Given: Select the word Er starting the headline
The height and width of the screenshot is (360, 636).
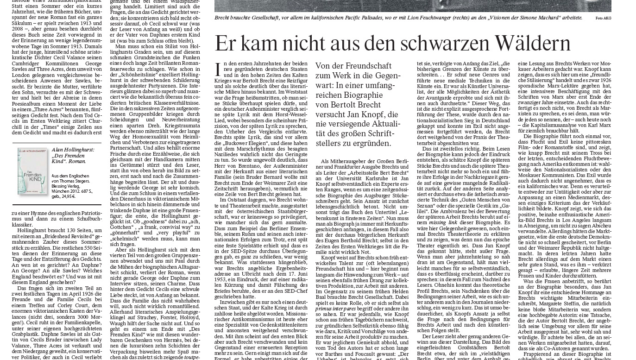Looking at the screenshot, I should click(226, 44).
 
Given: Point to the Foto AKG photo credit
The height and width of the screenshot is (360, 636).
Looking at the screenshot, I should click(603, 18).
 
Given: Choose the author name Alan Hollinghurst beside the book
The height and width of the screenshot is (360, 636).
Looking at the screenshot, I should click(73, 150).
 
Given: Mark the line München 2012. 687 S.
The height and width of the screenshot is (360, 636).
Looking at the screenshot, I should click(72, 191).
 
